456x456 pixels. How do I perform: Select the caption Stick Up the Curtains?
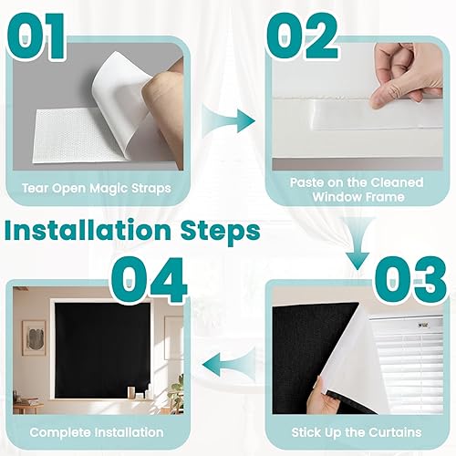[357, 431]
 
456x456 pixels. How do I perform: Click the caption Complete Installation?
[96, 431]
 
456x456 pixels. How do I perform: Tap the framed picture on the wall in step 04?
[34, 333]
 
